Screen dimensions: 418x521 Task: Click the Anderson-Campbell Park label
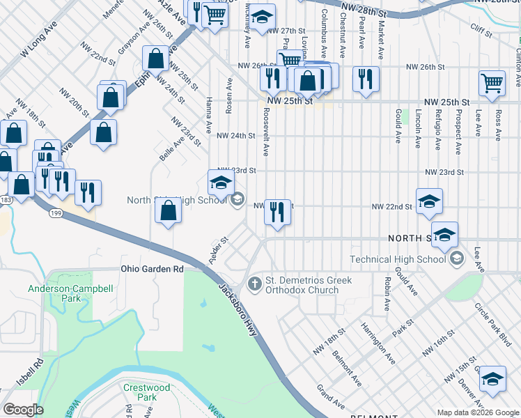tap(59, 293)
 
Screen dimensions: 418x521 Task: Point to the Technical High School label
tap(407, 259)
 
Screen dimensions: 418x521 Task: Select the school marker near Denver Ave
tap(492, 378)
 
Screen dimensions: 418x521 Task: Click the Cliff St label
tap(481, 29)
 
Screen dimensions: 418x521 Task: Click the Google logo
tap(24, 410)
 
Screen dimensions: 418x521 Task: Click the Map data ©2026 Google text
tap(477, 412)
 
